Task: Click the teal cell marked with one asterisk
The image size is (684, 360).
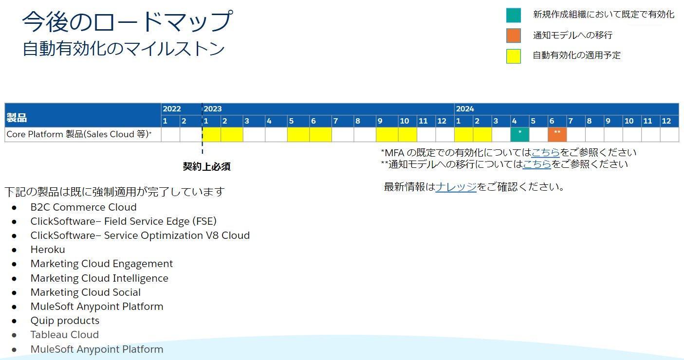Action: coord(520,135)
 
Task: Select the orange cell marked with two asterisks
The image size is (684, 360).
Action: coord(557,135)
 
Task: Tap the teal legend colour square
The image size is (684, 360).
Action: coord(514,15)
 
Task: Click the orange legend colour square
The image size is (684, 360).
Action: coord(514,36)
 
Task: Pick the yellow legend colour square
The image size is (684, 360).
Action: coord(514,56)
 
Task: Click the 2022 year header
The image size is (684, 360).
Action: coord(172,109)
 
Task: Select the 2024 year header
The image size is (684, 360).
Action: coord(465,109)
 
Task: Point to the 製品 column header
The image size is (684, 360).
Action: coord(17,117)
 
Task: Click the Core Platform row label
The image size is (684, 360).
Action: coord(79,134)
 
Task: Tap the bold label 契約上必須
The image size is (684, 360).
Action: coord(206,166)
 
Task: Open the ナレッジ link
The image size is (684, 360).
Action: coord(456,187)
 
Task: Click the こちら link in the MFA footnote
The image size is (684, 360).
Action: coord(546,152)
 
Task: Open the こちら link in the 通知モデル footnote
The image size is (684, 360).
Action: coord(537,164)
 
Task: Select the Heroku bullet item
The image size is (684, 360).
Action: coord(48,250)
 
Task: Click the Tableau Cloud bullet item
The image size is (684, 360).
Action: coord(64,335)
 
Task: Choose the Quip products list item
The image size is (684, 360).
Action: coord(65,321)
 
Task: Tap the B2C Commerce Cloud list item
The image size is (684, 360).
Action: coord(83,207)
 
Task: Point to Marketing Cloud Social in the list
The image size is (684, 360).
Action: coord(86,292)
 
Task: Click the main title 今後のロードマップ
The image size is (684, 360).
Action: coord(128,21)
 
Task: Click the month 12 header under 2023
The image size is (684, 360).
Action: coord(442,121)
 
